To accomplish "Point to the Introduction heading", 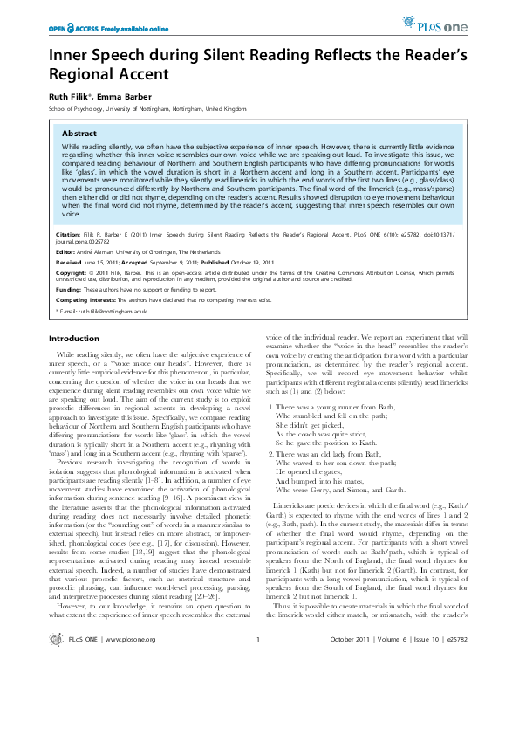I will [74, 338].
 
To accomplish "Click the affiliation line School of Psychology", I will [135, 108].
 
